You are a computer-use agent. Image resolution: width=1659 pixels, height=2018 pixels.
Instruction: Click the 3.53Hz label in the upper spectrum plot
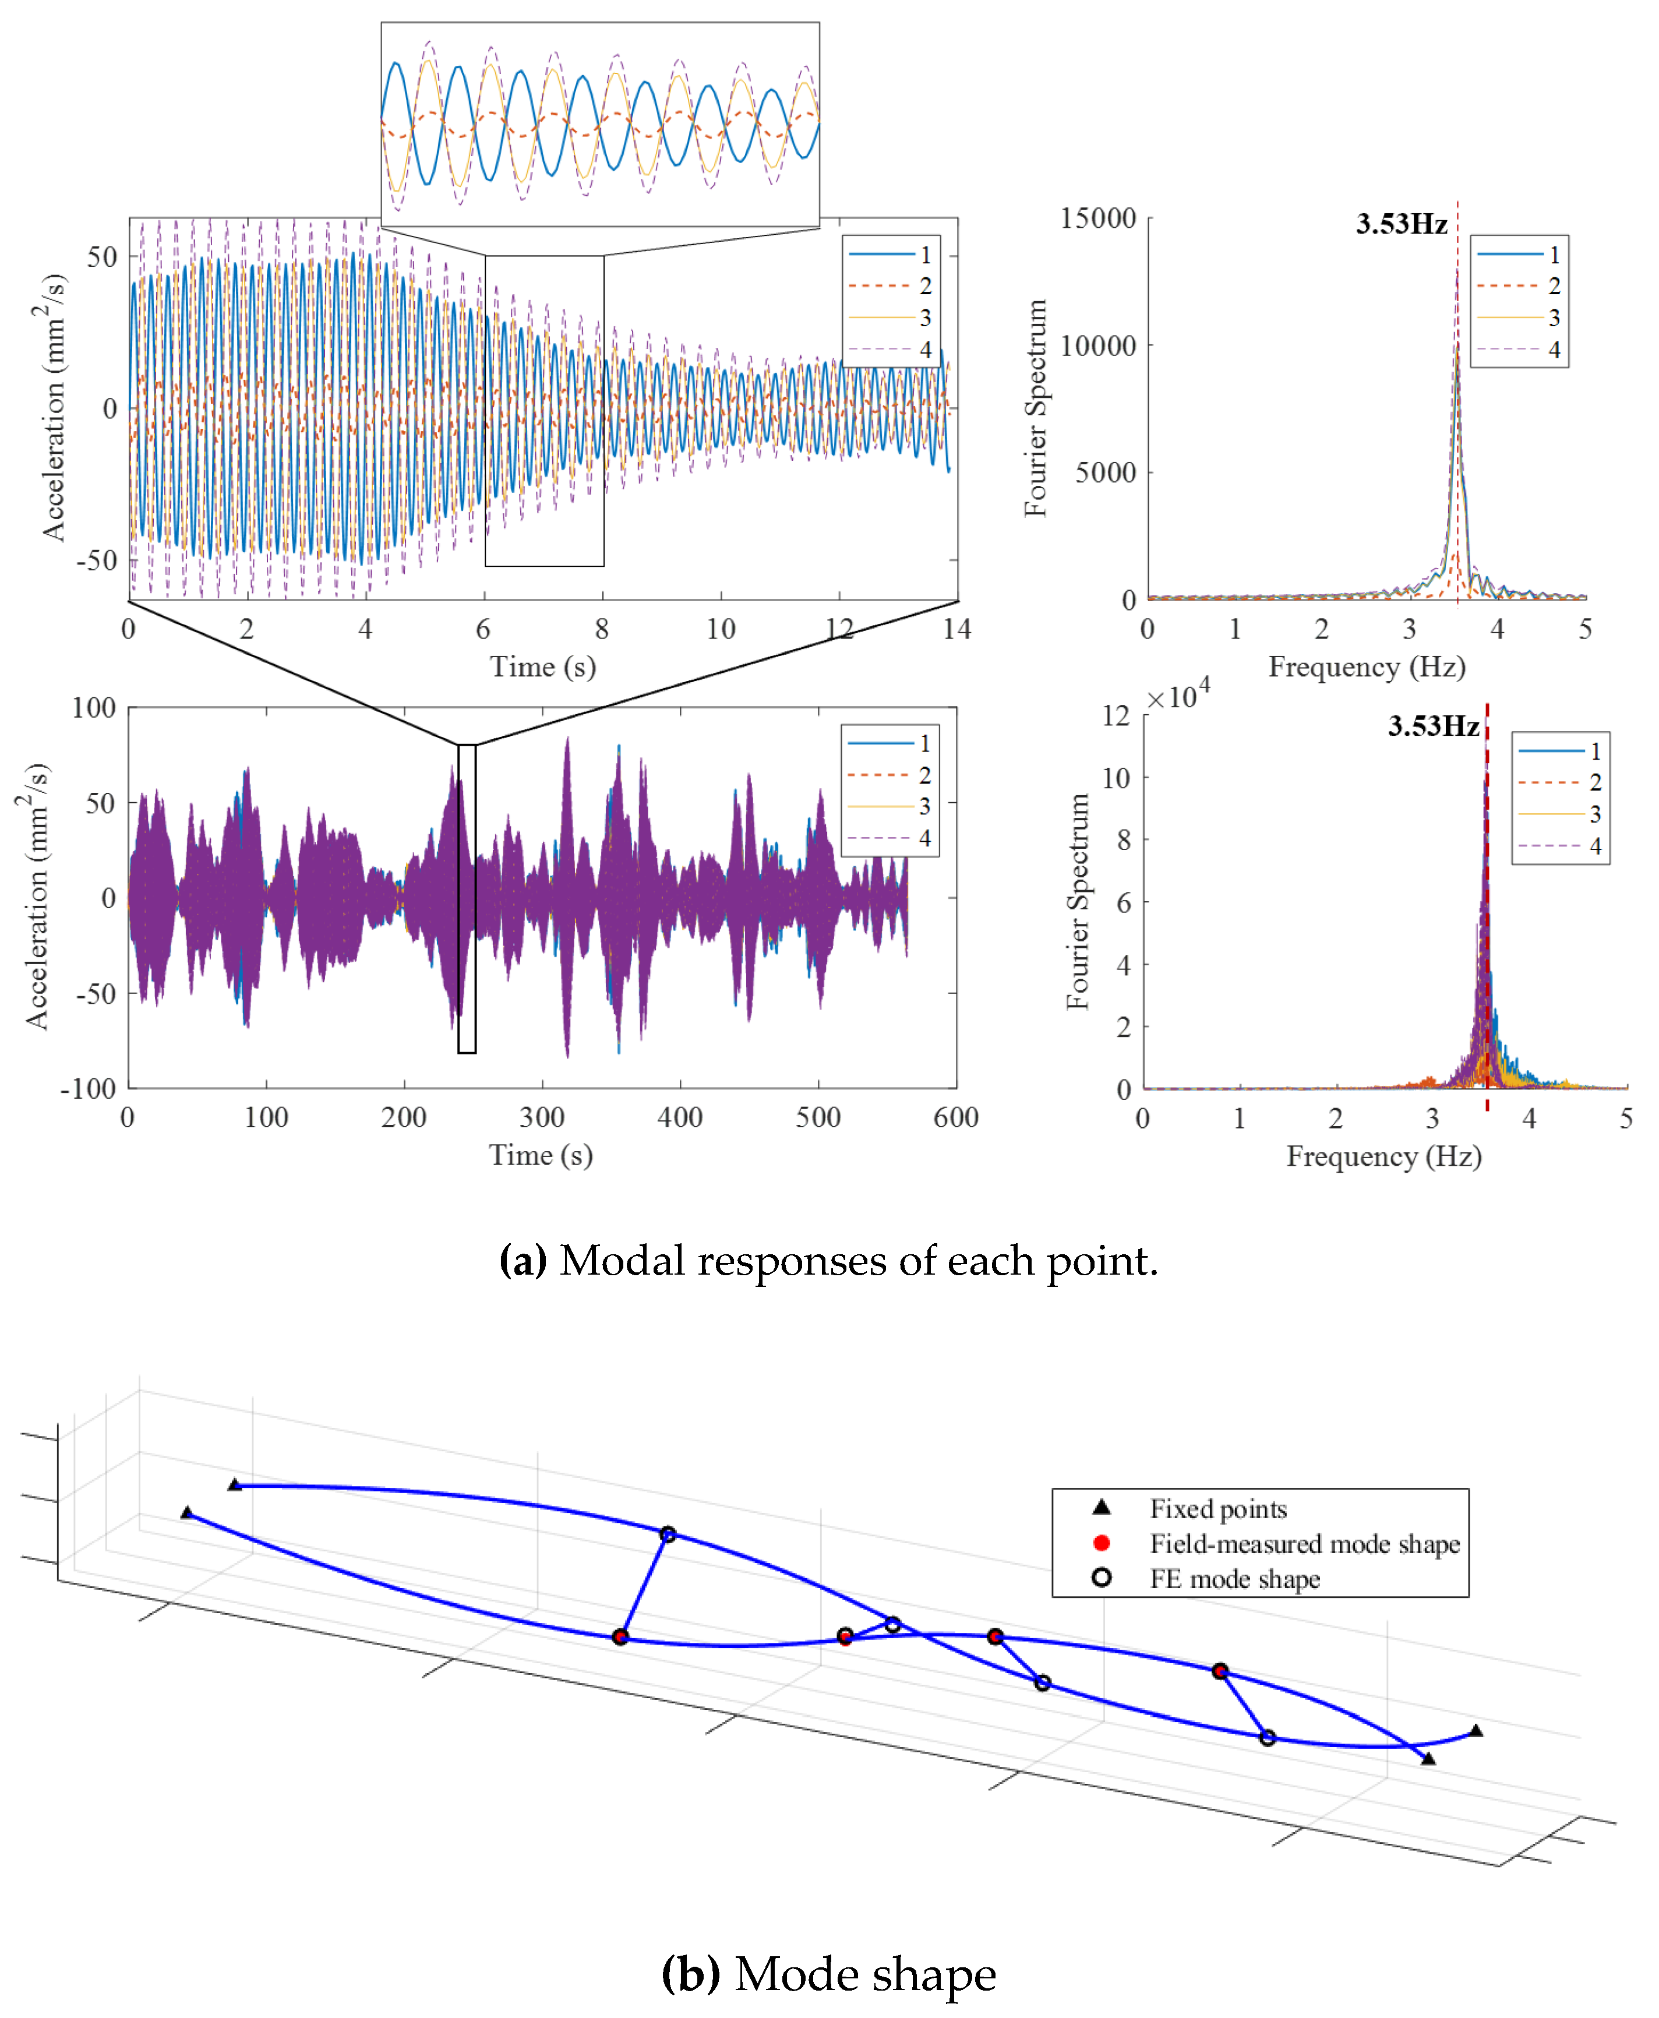pos(1401,224)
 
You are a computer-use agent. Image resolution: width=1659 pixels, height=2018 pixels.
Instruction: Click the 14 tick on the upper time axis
pos(956,629)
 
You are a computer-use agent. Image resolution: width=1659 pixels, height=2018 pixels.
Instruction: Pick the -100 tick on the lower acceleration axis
pos(88,1088)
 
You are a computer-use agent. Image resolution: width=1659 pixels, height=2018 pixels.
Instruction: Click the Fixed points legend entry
pos(1217,1509)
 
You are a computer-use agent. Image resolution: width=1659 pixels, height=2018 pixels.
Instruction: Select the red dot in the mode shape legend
pos(1102,1543)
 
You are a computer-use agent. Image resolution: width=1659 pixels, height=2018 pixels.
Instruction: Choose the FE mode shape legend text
pos(1235,1579)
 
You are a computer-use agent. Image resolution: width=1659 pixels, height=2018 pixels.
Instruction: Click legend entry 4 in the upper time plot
pos(925,350)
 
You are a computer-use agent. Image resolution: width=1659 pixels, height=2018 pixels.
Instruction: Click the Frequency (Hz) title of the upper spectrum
pos(1367,667)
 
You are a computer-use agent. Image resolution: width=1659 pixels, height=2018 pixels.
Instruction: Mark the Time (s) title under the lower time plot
pos(541,1155)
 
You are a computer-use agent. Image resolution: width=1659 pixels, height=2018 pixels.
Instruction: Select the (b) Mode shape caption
pos(828,1973)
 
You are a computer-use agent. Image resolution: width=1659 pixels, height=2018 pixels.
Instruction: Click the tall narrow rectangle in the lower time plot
pos(467,899)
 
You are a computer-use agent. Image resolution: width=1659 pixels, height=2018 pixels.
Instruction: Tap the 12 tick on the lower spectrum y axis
pos(1116,715)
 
